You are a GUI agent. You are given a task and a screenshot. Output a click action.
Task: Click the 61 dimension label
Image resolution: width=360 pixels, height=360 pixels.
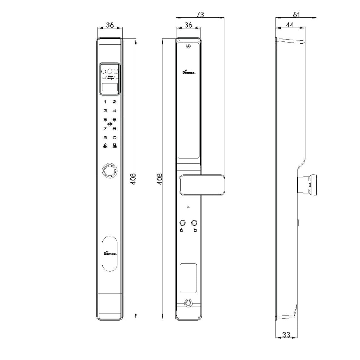pos(296,15)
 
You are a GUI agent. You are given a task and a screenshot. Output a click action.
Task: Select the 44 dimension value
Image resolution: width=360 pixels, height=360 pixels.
pos(289,25)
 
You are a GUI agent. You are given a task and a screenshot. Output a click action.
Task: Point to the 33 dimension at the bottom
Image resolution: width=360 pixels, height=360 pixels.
pos(286,335)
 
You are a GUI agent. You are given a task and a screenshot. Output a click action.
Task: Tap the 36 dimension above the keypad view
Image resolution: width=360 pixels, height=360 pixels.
pos(110,25)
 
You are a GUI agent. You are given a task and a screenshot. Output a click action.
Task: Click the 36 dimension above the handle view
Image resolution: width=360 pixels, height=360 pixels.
pos(188,25)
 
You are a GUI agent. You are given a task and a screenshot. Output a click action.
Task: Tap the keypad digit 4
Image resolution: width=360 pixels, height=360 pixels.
pos(114,111)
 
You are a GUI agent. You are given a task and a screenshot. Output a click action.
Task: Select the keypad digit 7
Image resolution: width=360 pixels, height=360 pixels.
pos(105,129)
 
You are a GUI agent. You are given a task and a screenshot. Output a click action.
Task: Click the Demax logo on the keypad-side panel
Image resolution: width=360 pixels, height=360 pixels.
pos(110,253)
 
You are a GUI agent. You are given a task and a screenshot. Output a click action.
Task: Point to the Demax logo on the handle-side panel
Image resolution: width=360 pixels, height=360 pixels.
pos(189,72)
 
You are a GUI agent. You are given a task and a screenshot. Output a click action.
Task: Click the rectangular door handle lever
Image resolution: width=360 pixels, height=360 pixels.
pos(202,184)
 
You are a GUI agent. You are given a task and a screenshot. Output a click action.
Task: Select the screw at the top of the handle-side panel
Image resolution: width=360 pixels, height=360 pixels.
pos(188,46)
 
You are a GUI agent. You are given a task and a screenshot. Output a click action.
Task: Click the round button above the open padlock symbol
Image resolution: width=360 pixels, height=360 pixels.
pos(194,223)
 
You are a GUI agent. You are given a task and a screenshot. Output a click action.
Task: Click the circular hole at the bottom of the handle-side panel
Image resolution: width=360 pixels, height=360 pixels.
pos(188,303)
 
